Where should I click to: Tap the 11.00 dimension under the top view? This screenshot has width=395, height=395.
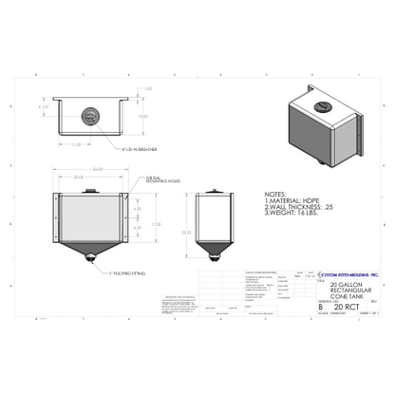coord(75,144)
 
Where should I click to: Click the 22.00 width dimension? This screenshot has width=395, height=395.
coord(76,178)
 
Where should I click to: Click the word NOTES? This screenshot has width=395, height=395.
coord(275,192)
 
